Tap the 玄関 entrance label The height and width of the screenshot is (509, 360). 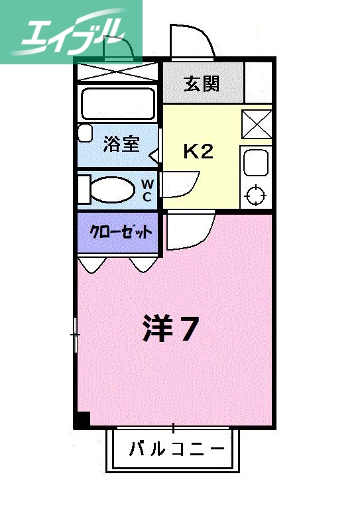pyautogui.click(x=202, y=84)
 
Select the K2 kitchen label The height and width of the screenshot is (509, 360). pyautogui.click(x=198, y=152)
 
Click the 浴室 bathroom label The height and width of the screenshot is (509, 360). pyautogui.click(x=121, y=144)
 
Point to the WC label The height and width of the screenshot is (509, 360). pyautogui.click(x=147, y=190)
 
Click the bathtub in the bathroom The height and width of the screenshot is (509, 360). pyautogui.click(x=118, y=103)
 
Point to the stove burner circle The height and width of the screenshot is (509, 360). pyautogui.click(x=255, y=196)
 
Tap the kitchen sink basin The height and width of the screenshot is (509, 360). pyautogui.click(x=255, y=162)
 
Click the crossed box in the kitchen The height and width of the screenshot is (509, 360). pyautogui.click(x=255, y=123)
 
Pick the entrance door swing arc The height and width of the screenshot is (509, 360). pyautogui.click(x=192, y=41)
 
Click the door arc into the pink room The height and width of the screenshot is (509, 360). pyautogui.click(x=189, y=232)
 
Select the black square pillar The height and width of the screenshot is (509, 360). pyautogui.click(x=82, y=420)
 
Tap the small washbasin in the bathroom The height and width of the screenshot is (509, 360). pyautogui.click(x=85, y=133)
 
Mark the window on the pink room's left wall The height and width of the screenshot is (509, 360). pyautogui.click(x=76, y=335)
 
